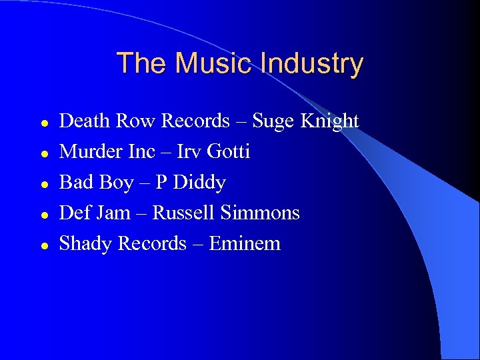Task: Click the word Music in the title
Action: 212,63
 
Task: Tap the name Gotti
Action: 229,151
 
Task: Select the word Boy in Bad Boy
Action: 116,183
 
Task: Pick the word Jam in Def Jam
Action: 113,213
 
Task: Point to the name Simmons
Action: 260,213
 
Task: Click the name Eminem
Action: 245,243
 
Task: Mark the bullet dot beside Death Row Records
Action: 43,123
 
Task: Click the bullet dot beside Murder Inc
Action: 43,153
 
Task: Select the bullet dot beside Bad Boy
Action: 43,184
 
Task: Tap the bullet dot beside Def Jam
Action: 43,215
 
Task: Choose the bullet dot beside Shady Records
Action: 43,245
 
